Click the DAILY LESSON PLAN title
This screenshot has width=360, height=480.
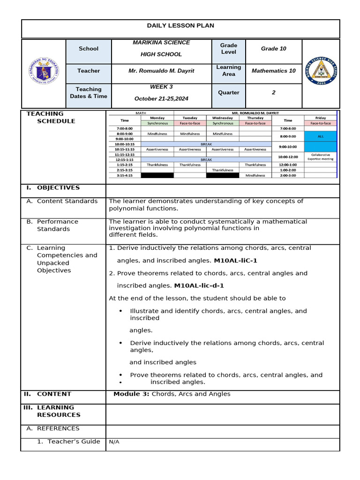(x=180, y=26)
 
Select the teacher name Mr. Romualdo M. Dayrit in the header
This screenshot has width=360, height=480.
(x=161, y=71)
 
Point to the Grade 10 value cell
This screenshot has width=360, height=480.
(x=273, y=49)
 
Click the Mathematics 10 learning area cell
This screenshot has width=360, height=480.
(x=273, y=71)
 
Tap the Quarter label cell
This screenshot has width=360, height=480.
(x=229, y=93)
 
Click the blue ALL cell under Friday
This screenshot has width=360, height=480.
(x=320, y=136)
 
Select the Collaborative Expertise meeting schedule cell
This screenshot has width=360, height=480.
(x=320, y=157)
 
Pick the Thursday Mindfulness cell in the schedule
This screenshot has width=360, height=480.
(x=255, y=175)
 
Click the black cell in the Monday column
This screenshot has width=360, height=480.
(x=157, y=175)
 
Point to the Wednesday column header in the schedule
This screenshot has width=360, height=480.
(x=222, y=118)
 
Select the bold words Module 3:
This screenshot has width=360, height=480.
(x=131, y=394)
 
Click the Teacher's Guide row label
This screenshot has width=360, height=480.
(x=69, y=442)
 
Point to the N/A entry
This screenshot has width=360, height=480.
(x=114, y=442)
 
